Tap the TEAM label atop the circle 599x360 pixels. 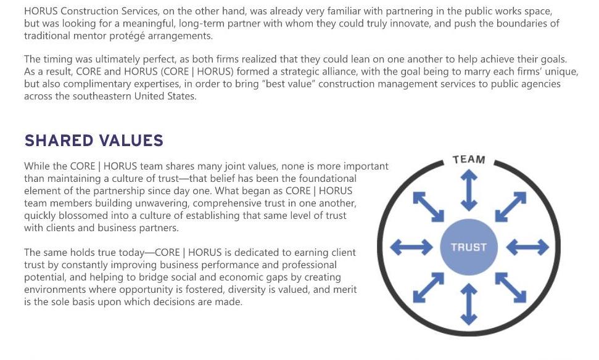[x=469, y=160]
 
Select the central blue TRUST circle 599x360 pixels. [x=469, y=247]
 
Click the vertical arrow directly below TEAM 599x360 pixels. [x=469, y=190]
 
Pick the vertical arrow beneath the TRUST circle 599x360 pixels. [x=469, y=303]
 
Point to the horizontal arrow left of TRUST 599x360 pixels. [x=411, y=247]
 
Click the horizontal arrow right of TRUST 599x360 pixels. [x=527, y=247]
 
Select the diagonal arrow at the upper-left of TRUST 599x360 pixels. [x=428, y=207]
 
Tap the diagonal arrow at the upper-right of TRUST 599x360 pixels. [x=510, y=207]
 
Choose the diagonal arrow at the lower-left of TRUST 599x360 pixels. [x=428, y=287]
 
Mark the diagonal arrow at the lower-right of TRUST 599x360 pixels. [x=510, y=287]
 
